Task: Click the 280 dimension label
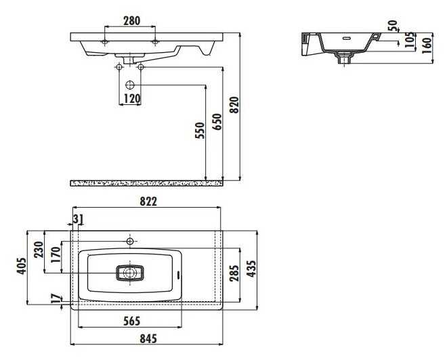pyautogui.click(x=131, y=20)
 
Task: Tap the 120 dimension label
pyautogui.click(x=132, y=99)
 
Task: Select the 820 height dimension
pyautogui.click(x=234, y=105)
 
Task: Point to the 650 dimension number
pyautogui.click(x=217, y=122)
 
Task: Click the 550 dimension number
pyautogui.click(x=200, y=131)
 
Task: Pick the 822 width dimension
pyautogui.click(x=148, y=202)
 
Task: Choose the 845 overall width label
pyautogui.click(x=148, y=338)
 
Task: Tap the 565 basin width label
pyautogui.click(x=131, y=321)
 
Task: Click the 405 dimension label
pyautogui.click(x=22, y=266)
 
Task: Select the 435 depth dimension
pyautogui.click(x=251, y=268)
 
